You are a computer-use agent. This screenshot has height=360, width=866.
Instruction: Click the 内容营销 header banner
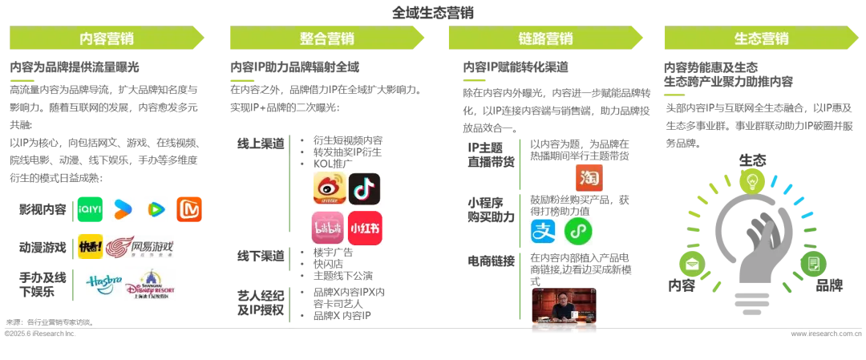click(x=106, y=38)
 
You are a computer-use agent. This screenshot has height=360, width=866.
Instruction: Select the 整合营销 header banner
click(x=326, y=38)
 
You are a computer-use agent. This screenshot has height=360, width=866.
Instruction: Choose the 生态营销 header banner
click(x=761, y=38)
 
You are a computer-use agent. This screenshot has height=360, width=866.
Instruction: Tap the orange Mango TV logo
click(x=190, y=208)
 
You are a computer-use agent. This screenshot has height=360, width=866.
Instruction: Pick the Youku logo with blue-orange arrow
click(x=123, y=208)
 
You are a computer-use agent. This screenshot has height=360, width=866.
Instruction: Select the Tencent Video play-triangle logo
click(x=156, y=208)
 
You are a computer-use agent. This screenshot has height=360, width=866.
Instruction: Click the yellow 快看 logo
click(x=91, y=247)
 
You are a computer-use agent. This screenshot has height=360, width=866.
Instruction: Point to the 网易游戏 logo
click(x=144, y=247)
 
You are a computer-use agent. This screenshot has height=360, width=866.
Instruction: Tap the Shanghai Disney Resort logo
click(x=151, y=286)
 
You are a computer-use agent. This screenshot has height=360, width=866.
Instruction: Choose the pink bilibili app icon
click(x=328, y=229)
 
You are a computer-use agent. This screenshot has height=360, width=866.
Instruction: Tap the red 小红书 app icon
click(x=365, y=229)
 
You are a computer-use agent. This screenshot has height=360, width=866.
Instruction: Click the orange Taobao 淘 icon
click(x=588, y=177)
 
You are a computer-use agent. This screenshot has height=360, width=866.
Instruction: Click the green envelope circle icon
click(x=690, y=261)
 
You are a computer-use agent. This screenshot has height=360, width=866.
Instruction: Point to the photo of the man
click(x=564, y=307)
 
